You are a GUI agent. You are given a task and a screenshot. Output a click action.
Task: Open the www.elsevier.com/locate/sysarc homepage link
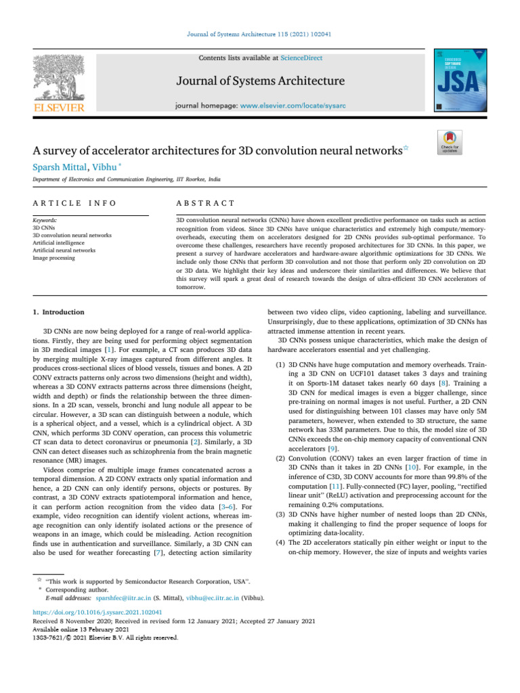tap(305, 106)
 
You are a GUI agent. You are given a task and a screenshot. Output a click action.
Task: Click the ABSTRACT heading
tap(205, 203)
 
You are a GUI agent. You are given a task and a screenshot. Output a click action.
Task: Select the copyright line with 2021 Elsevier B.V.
tap(106, 637)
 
